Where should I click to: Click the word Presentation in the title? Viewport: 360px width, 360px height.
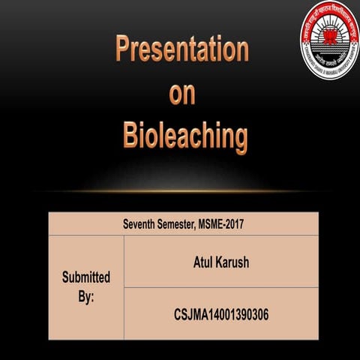pos(181,50)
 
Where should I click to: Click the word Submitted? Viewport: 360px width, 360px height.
pos(85,277)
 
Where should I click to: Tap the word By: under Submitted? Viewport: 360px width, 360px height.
pos(85,296)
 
